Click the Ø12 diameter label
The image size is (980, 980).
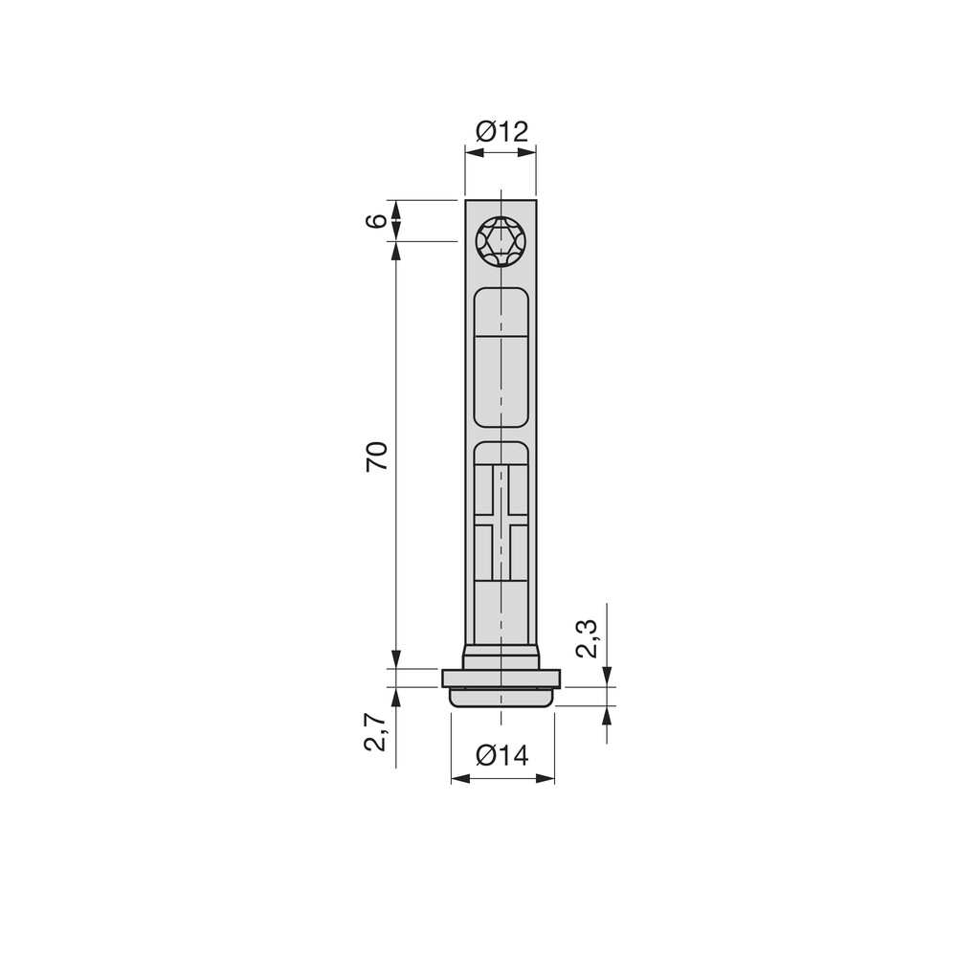501,131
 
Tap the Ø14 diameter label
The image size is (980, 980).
501,755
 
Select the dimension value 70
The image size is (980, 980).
377,456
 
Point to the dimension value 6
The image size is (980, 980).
379,220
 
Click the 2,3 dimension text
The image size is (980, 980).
588,638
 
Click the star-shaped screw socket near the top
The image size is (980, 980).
501,241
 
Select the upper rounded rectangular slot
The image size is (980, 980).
501,356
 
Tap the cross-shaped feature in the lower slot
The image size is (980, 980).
501,523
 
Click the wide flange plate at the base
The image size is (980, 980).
501,679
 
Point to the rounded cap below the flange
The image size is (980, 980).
501,698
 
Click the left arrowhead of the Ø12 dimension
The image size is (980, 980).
472,148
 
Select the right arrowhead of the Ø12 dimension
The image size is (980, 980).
529,148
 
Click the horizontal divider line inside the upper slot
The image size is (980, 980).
501,336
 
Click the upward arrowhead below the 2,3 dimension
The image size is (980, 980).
605,714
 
